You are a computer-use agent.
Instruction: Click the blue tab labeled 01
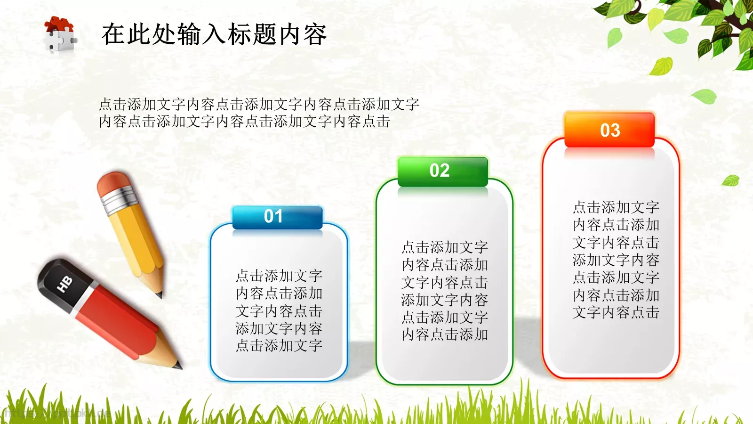click(x=277, y=217)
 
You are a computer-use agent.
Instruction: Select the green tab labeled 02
click(x=442, y=171)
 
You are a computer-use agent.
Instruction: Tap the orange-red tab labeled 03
click(x=609, y=130)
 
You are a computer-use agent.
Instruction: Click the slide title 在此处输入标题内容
click(x=214, y=34)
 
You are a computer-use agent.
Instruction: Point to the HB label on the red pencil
click(x=64, y=284)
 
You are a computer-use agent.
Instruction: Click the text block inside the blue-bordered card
click(x=279, y=310)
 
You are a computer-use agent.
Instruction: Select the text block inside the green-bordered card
click(x=445, y=291)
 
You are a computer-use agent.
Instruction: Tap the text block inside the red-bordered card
click(x=616, y=260)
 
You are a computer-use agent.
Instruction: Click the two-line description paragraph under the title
click(x=259, y=113)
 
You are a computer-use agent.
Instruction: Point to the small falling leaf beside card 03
click(x=731, y=180)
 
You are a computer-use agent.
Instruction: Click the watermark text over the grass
click(x=56, y=414)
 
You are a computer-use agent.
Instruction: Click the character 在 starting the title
click(x=113, y=34)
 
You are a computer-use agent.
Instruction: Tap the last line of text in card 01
click(x=279, y=345)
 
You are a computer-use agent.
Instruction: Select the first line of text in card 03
click(x=616, y=207)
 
